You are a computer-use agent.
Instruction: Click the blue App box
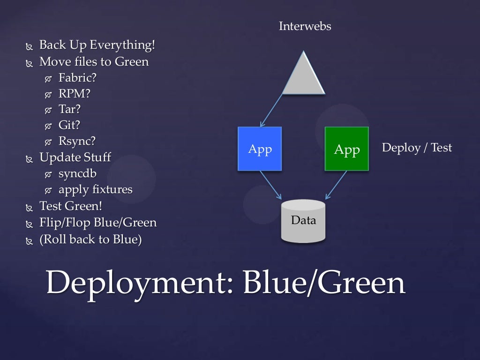pos(260,149)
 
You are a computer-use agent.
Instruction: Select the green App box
pos(346,149)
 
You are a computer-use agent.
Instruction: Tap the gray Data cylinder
pos(303,221)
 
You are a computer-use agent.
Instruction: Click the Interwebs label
pos(305,26)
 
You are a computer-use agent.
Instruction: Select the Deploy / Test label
pos(417,148)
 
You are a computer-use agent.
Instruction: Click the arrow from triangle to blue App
pos(272,110)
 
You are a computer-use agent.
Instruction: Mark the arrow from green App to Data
pos(336,184)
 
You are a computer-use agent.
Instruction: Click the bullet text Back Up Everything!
pos(97,45)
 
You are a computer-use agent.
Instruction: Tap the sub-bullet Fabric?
pos(77,77)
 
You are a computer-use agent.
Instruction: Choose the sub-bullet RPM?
pos(74,93)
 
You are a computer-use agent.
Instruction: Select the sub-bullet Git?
pos(69,125)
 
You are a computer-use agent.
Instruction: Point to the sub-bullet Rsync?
pos(77,141)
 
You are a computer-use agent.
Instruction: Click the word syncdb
pos(77,173)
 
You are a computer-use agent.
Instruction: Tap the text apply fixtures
pos(95,189)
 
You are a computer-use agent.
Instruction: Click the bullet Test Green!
pos(71,206)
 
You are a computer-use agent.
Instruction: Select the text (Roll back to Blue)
pos(90,239)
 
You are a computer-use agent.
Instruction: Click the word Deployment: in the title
pos(139,283)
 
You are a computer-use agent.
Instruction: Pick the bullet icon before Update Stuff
pos(30,159)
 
